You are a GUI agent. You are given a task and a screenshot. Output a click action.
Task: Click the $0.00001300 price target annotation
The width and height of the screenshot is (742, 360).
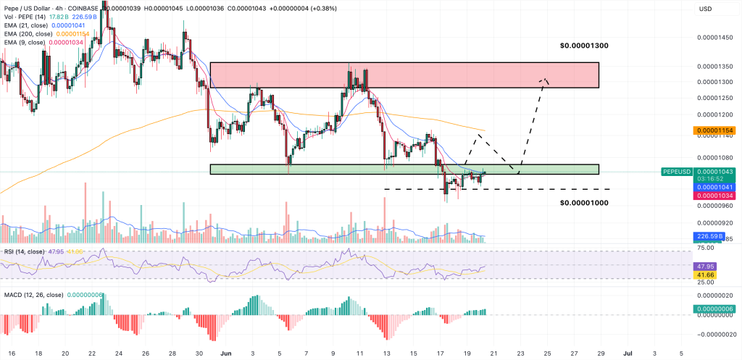[x=583, y=46]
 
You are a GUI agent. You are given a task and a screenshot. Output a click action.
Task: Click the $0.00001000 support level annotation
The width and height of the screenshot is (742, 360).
[x=583, y=203]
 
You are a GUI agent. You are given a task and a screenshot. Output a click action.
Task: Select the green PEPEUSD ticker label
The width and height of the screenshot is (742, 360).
[x=678, y=172]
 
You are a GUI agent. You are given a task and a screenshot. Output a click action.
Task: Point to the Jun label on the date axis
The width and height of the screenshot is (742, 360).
[x=225, y=352]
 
